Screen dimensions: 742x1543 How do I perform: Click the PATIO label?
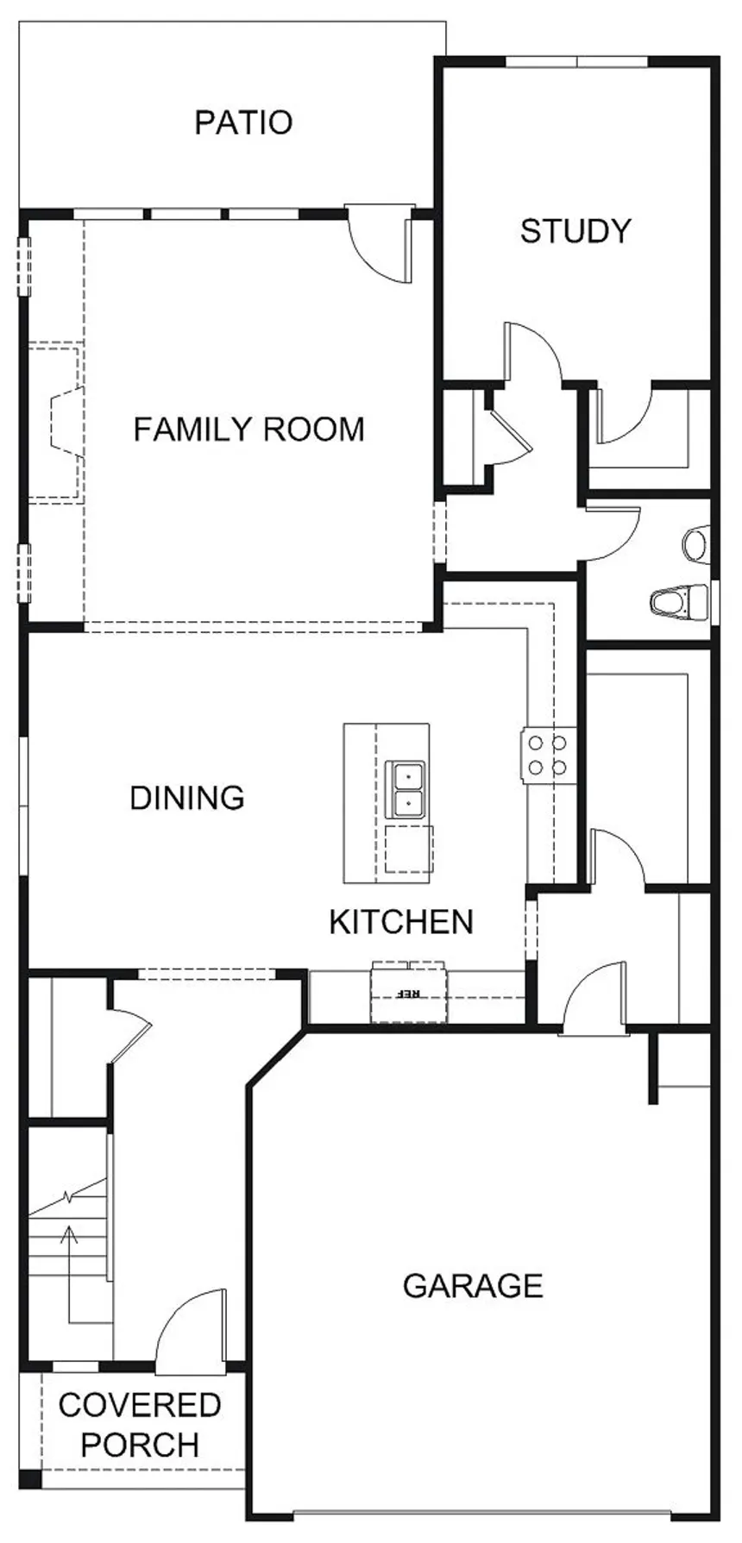[243, 122]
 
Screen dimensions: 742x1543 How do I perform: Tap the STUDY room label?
[575, 231]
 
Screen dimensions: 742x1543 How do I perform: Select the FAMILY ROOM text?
[248, 430]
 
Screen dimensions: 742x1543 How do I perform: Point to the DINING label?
[187, 798]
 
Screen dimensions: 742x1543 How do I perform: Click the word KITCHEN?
[401, 922]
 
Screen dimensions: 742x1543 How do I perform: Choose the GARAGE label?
[473, 1286]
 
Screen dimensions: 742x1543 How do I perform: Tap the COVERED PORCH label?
[140, 1425]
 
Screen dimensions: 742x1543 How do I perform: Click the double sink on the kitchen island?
[405, 789]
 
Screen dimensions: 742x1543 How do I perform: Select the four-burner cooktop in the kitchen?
[548, 755]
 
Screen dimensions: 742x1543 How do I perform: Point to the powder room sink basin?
[696, 544]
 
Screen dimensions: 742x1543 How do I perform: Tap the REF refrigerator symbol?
[410, 992]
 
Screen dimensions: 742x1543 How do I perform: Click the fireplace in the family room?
[55, 423]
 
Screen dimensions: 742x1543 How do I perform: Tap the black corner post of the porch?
[30, 1477]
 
